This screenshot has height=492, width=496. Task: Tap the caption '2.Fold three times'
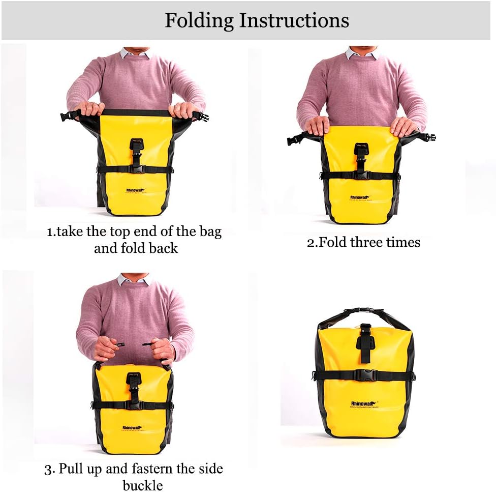click(x=363, y=242)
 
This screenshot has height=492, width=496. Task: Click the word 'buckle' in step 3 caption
click(x=142, y=485)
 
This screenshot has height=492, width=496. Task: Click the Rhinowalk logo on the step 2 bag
click(x=361, y=197)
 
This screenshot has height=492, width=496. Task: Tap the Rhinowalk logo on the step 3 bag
click(x=133, y=428)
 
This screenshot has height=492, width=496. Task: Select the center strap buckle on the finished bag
click(x=364, y=375)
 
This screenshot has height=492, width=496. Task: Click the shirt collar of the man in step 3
click(x=134, y=279)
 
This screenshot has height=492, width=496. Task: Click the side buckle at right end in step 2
click(x=428, y=137)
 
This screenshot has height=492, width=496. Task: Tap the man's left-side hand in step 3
click(x=106, y=349)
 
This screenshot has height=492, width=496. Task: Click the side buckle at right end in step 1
click(x=202, y=117)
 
